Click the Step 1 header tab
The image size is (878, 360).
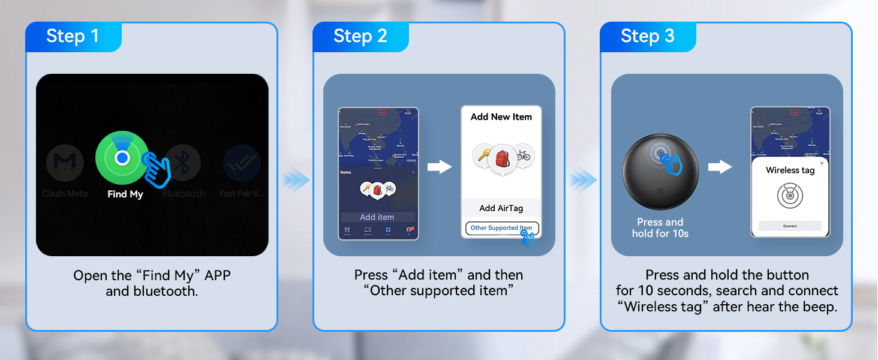73,37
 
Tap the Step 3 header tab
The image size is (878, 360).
647,37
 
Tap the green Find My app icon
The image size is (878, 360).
122,158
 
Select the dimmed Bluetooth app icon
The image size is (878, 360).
183,163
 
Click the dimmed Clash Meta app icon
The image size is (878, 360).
65,163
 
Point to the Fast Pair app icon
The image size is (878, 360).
242,163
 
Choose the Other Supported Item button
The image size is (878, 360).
501,228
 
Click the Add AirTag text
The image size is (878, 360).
501,208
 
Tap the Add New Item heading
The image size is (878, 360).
501,117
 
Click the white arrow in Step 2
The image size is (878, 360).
440,167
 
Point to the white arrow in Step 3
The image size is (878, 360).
720,167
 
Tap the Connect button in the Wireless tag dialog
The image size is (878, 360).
790,226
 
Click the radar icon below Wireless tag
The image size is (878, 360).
790,196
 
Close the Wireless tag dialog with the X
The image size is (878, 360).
822,163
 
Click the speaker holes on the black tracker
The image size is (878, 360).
661,191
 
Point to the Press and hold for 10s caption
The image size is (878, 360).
660,228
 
